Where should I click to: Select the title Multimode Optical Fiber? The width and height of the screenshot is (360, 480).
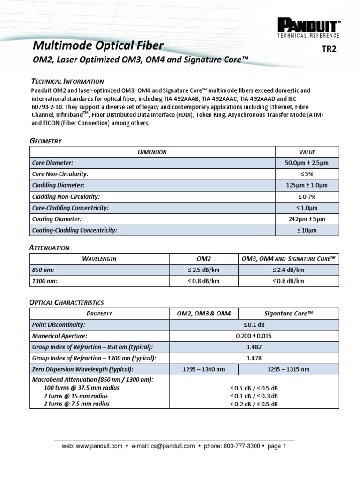(97, 45)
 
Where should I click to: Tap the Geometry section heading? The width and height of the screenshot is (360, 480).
(46, 141)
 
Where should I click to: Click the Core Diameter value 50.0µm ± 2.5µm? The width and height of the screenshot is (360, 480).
(307, 163)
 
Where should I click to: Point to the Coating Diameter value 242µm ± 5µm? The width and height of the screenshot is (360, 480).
(307, 219)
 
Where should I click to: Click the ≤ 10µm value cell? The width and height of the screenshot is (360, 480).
(307, 230)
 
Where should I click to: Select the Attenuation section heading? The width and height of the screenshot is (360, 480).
(50, 247)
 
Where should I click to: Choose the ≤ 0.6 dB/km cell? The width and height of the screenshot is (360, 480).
(288, 281)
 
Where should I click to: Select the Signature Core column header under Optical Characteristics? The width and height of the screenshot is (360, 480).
(288, 313)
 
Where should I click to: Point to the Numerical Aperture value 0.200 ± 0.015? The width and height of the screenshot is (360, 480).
(254, 336)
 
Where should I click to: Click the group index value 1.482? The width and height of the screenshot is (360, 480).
(254, 347)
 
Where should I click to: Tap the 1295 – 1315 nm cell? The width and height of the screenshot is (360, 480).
(288, 369)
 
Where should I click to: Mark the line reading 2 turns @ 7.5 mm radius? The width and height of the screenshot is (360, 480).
(76, 404)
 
